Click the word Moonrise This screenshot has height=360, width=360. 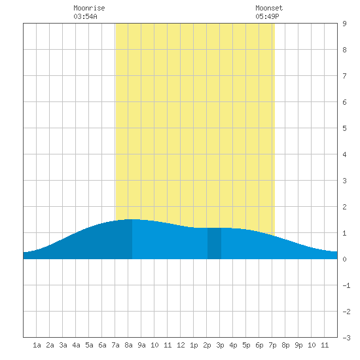pyautogui.click(x=89, y=8)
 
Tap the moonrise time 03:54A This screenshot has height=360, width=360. pyautogui.click(x=85, y=16)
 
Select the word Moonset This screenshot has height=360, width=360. pyautogui.click(x=269, y=8)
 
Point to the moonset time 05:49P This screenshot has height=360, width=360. pyautogui.click(x=267, y=16)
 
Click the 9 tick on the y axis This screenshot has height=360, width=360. pyautogui.click(x=344, y=24)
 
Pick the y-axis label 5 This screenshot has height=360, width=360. pyautogui.click(x=344, y=128)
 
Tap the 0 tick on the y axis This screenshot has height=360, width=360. pyautogui.click(x=344, y=259)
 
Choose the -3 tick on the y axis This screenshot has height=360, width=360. pyautogui.click(x=346, y=338)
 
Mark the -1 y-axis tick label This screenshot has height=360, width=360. pyautogui.click(x=346, y=285)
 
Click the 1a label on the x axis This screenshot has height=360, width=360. pyautogui.click(x=37, y=345)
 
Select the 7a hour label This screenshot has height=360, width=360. pyautogui.click(x=115, y=345)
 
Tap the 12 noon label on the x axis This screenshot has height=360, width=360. pyautogui.click(x=181, y=345)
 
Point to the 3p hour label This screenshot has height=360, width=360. pyautogui.click(x=220, y=345)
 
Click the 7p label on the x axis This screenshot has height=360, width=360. pyautogui.click(x=272, y=345)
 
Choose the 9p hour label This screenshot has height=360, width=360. pyautogui.click(x=298, y=345)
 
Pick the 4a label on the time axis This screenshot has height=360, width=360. pyautogui.click(x=76, y=345)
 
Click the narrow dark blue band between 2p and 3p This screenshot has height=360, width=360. pyautogui.click(x=214, y=243)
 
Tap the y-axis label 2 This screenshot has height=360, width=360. pyautogui.click(x=344, y=207)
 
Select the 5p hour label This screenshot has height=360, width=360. pyautogui.click(x=246, y=345)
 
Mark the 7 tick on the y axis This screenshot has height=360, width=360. pyautogui.click(x=344, y=76)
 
